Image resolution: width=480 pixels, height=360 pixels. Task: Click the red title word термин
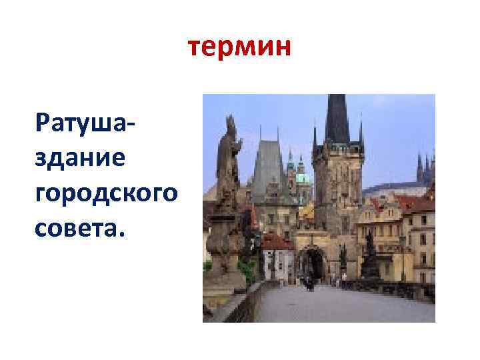coord(239,48)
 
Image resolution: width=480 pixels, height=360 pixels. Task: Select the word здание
coord(83,158)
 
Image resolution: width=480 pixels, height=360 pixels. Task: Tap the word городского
coord(107,193)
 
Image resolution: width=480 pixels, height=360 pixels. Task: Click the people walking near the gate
coord(309,283)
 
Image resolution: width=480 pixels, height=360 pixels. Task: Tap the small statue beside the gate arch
coord(343,257)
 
